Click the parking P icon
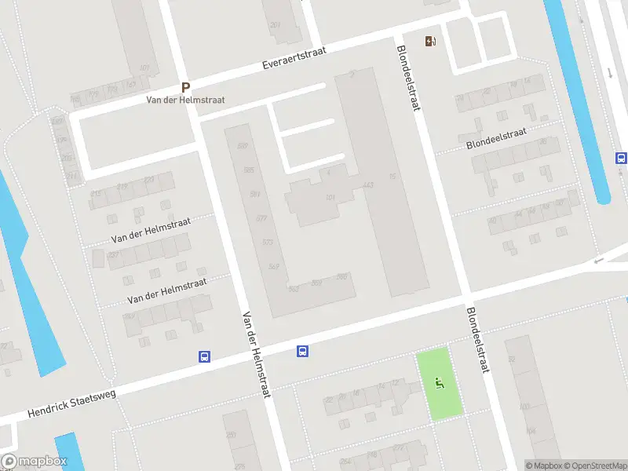click(x=186, y=88)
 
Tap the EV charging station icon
click(x=430, y=42)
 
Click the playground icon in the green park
click(x=439, y=383)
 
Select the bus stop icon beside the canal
click(x=621, y=158)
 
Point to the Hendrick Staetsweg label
click(x=71, y=403)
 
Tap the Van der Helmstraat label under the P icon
click(x=186, y=100)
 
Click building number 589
click(x=243, y=147)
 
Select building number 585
click(x=249, y=170)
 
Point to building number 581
click(x=255, y=194)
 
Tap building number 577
click(x=261, y=218)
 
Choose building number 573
click(x=268, y=242)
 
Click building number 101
click(x=330, y=196)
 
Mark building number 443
click(x=368, y=185)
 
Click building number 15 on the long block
click(x=392, y=177)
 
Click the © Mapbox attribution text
click(x=544, y=466)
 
